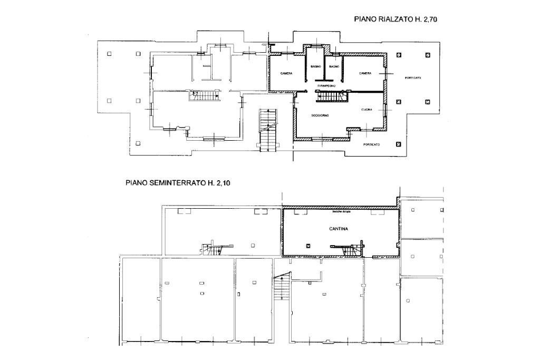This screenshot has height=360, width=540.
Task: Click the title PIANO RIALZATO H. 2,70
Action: coord(396,19)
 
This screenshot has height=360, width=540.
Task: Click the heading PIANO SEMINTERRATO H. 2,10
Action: coord(178,183)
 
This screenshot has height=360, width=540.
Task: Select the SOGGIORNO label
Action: coord(320,115)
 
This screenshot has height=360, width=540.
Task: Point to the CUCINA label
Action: coord(367,110)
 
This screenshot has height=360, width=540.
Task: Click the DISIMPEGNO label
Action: coord(327,85)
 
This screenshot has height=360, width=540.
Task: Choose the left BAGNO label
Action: coord(316,67)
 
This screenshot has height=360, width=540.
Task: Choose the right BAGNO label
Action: coord(334,67)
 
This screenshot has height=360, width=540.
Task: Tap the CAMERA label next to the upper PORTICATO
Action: coord(366,73)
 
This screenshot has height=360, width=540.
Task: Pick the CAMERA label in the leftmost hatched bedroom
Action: coord(286,73)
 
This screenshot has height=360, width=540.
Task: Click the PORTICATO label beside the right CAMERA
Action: coord(413,78)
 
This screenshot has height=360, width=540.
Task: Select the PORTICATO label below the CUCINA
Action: coord(371,144)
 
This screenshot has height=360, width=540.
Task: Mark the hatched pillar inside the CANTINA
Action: coord(308,245)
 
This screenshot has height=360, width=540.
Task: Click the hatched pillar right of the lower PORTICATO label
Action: coord(398,144)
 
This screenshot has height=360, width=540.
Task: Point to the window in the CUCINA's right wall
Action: coord(385,111)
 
